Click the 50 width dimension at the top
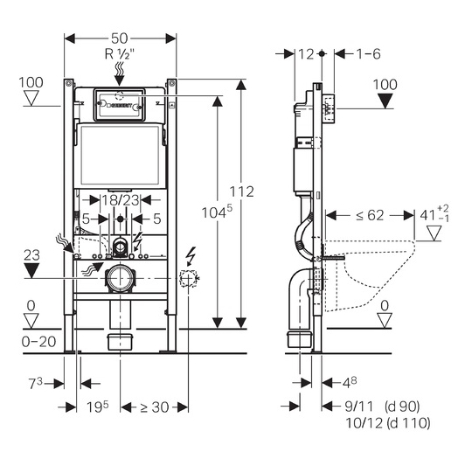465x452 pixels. pyautogui.click(x=120, y=38)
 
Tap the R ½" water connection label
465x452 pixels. pyautogui.click(x=120, y=54)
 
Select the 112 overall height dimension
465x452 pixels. pyautogui.click(x=242, y=191)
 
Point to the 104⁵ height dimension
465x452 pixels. pyautogui.click(x=217, y=212)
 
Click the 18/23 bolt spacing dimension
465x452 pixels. pyautogui.click(x=120, y=200)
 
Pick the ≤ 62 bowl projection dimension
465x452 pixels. pyautogui.click(x=370, y=215)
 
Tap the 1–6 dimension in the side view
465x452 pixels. pyautogui.click(x=368, y=54)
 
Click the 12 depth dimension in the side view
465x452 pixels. pyautogui.click(x=306, y=54)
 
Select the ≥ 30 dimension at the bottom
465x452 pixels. pyautogui.click(x=155, y=407)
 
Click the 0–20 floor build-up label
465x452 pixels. pyautogui.click(x=38, y=342)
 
